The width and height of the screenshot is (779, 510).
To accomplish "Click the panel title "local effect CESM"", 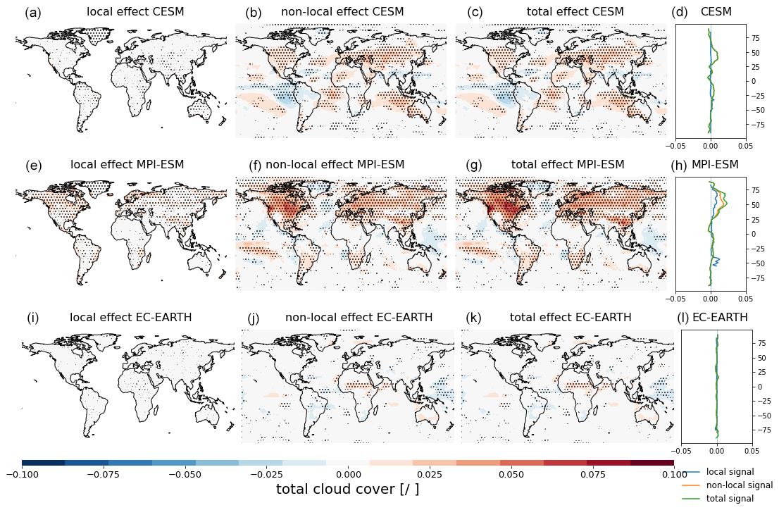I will tap(135, 12).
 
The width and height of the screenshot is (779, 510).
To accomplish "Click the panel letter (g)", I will tap(475, 166).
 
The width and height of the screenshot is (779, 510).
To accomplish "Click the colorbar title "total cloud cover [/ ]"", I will tap(347, 490).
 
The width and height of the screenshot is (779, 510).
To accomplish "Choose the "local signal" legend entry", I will tap(730, 472).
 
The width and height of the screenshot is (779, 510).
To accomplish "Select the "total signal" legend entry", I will tap(730, 499).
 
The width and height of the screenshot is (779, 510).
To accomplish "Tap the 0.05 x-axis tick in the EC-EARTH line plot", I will tap(752, 449).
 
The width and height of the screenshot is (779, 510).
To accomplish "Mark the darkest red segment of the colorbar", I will tap(652, 463).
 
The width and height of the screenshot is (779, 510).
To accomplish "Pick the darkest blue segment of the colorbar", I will tap(44, 463).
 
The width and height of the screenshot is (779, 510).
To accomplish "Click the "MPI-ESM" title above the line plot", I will tap(715, 165).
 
